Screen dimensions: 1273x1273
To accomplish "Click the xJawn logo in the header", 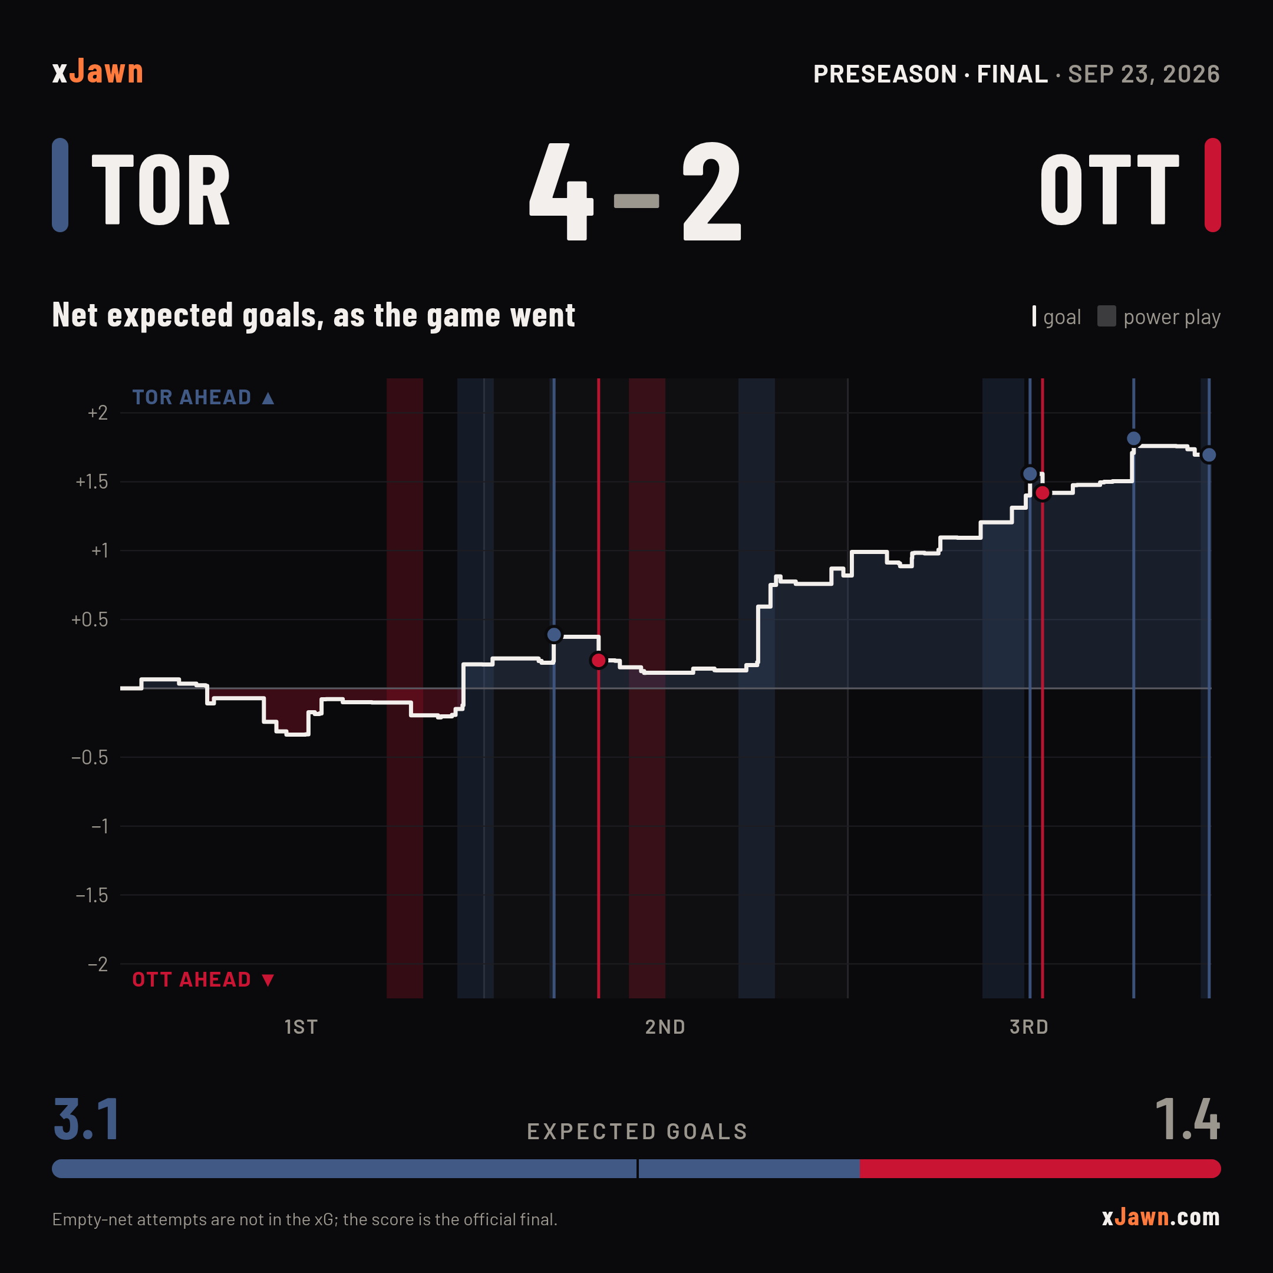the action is (97, 71).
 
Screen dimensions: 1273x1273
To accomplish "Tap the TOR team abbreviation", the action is (161, 190).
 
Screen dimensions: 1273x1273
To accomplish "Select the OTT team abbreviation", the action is (1110, 190).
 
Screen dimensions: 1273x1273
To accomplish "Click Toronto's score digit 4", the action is (562, 191).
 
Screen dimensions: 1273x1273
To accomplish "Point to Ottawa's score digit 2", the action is (711, 191).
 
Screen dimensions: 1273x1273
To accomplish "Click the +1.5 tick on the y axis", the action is (91, 482).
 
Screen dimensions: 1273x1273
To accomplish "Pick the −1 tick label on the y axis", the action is (100, 826).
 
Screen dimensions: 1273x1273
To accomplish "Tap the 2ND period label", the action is (665, 1027).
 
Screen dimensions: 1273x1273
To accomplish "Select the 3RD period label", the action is (1029, 1027).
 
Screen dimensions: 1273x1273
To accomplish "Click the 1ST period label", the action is (301, 1027).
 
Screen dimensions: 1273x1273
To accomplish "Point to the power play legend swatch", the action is (1106, 316).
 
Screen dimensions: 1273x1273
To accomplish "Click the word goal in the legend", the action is (1062, 317).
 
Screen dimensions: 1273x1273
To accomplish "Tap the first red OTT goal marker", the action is (598, 660).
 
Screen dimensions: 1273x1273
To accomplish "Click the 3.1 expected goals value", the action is (86, 1119).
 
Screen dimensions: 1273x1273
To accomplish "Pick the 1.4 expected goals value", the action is (1188, 1119).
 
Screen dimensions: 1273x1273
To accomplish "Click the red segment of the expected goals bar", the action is (1040, 1168).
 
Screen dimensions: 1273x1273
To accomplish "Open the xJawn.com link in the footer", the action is (1161, 1218).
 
